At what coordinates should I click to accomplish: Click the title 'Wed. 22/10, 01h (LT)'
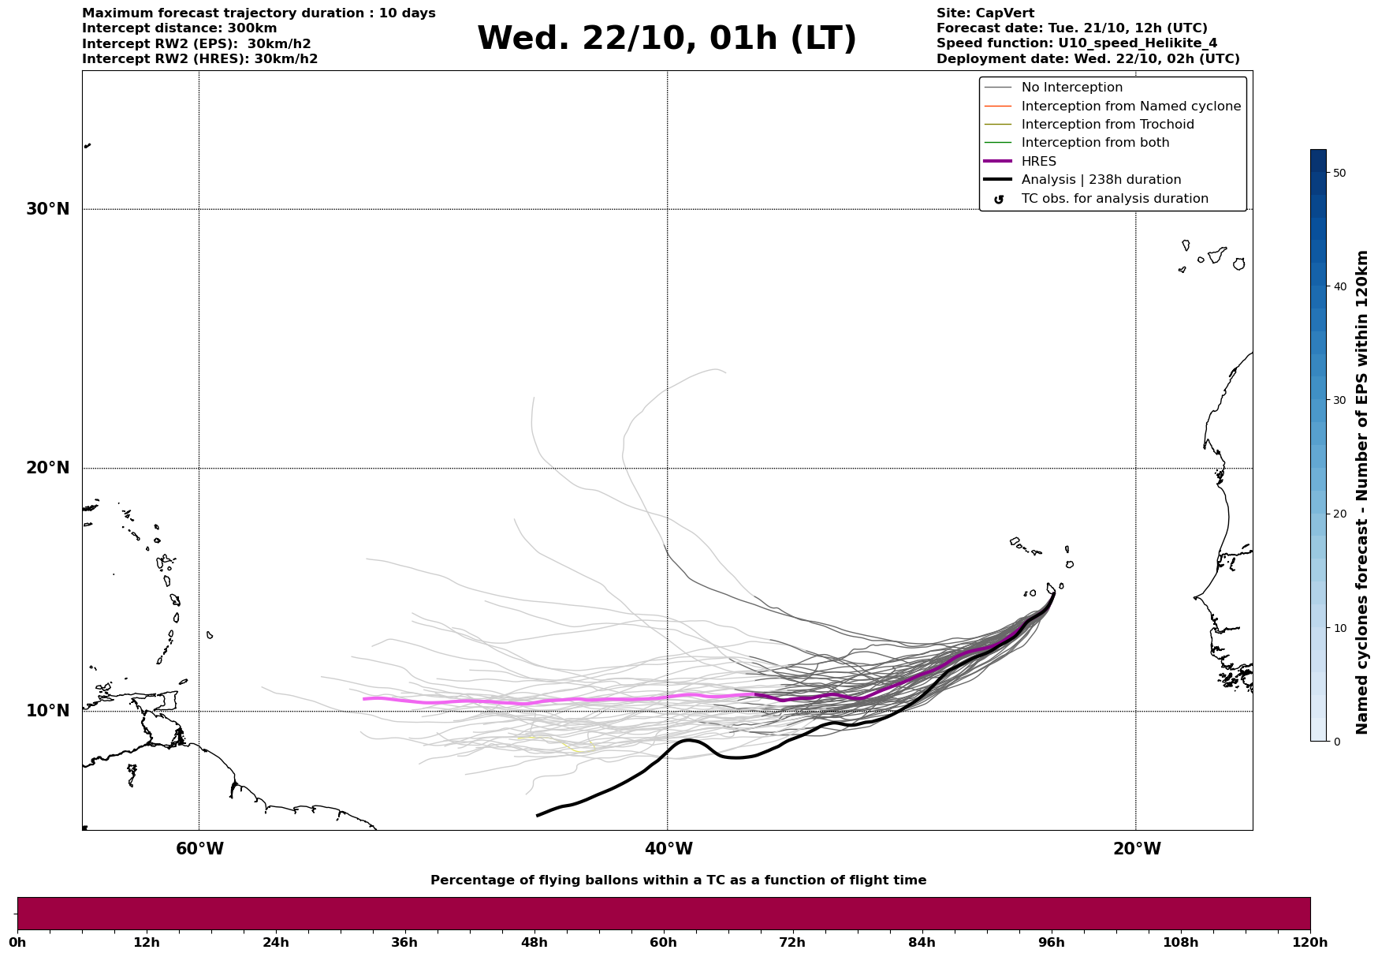(666, 39)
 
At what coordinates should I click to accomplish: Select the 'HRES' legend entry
(1038, 162)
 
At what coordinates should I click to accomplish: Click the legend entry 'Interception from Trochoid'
(1107, 125)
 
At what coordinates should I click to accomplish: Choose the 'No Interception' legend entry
(1071, 88)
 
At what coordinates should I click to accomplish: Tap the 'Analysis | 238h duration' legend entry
(1101, 180)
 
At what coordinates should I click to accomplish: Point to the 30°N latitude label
(48, 209)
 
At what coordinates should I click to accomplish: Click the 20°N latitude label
(48, 468)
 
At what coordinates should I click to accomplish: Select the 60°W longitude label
(199, 849)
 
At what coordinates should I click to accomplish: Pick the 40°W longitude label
(669, 849)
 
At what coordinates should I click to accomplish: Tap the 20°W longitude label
(1137, 849)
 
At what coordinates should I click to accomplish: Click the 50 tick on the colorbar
(1339, 173)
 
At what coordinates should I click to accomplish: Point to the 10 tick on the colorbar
(1339, 628)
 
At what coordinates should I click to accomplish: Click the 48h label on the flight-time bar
(534, 943)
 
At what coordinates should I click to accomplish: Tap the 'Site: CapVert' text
(985, 13)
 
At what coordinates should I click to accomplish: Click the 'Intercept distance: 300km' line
(179, 28)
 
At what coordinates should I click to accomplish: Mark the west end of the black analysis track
(538, 815)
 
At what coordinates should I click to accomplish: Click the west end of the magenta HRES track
(363, 699)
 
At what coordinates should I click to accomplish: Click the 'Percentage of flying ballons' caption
(678, 880)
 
